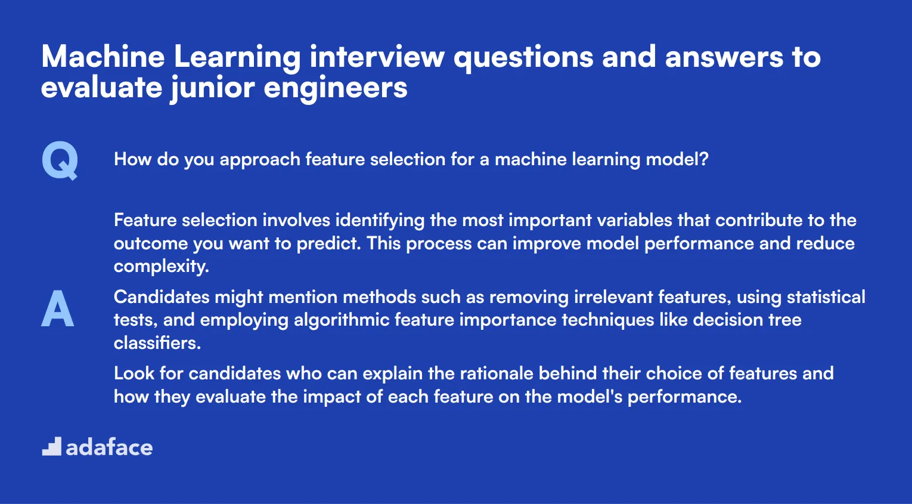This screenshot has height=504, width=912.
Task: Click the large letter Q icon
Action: coord(60,160)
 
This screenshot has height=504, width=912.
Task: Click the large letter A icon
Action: coord(58,309)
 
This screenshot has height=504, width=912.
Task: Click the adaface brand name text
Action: coord(109,447)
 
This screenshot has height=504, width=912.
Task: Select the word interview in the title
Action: coord(377,57)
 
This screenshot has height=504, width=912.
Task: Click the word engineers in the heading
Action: coord(336,88)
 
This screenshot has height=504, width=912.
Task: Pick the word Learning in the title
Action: coord(237,57)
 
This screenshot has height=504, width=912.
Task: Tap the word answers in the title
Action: coord(724,57)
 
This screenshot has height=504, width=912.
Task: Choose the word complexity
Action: coord(161,267)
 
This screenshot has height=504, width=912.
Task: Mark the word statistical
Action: coord(826,297)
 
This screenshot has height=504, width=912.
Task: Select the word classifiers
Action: coord(157,343)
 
